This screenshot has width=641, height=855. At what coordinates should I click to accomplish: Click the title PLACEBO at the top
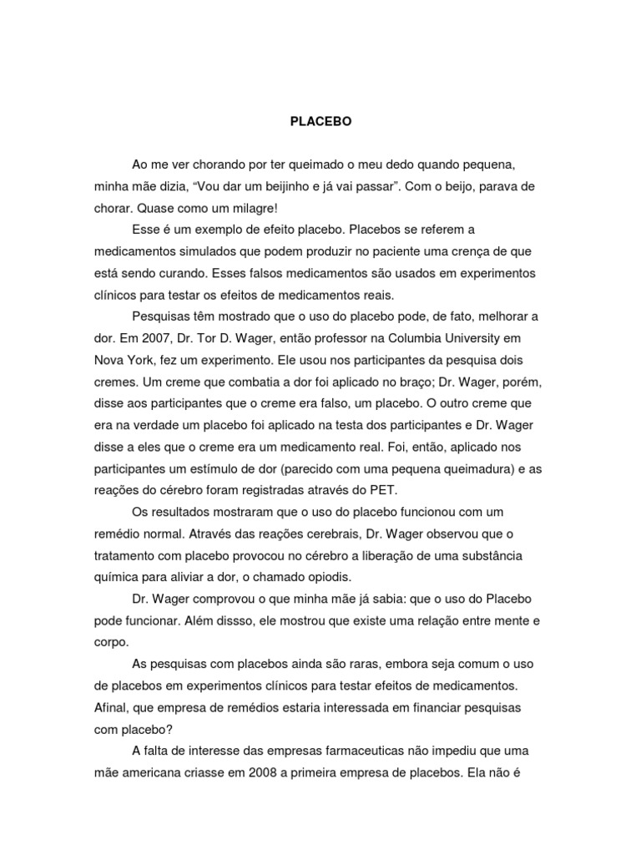pos(321,121)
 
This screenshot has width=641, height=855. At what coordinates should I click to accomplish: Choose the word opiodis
pos(329,577)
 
